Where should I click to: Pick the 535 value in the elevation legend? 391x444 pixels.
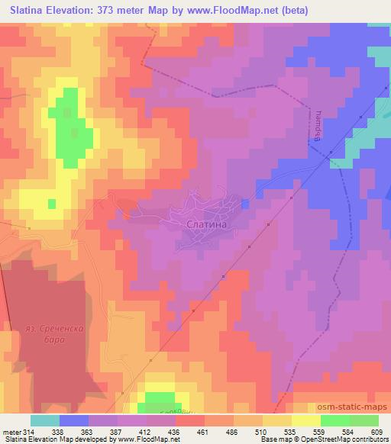tap(290, 432)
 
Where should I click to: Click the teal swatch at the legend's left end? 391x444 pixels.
tap(45, 420)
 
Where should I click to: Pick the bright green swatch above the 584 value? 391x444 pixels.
tap(335, 420)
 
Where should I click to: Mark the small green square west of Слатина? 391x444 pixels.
tap(52, 204)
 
